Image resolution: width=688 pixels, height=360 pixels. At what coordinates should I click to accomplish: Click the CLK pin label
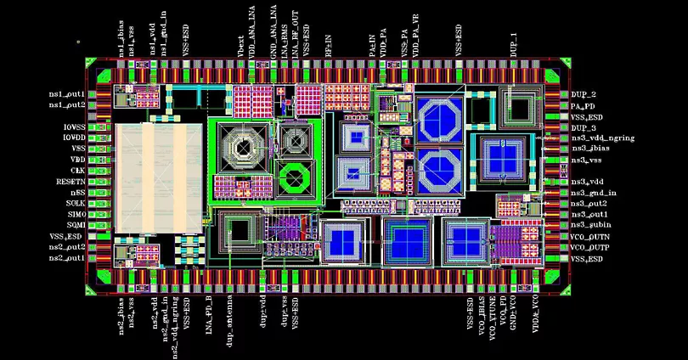[78, 171]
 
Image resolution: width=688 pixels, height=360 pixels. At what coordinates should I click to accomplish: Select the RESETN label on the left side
[70, 182]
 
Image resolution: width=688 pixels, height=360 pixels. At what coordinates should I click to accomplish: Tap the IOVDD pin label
[73, 138]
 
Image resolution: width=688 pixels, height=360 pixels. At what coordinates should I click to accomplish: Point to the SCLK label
[75, 204]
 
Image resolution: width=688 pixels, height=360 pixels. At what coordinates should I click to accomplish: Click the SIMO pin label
[75, 215]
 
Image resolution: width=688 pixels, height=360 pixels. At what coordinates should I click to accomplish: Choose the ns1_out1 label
[66, 93]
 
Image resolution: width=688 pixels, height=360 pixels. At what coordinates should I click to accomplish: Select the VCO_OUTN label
[590, 236]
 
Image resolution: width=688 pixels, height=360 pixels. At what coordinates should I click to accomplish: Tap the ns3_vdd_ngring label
[602, 138]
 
